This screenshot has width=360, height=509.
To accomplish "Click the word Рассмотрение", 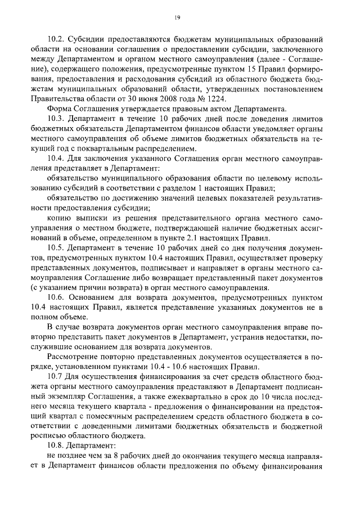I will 75,357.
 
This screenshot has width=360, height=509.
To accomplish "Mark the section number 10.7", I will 57,377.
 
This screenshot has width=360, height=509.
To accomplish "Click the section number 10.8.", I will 58,447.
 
